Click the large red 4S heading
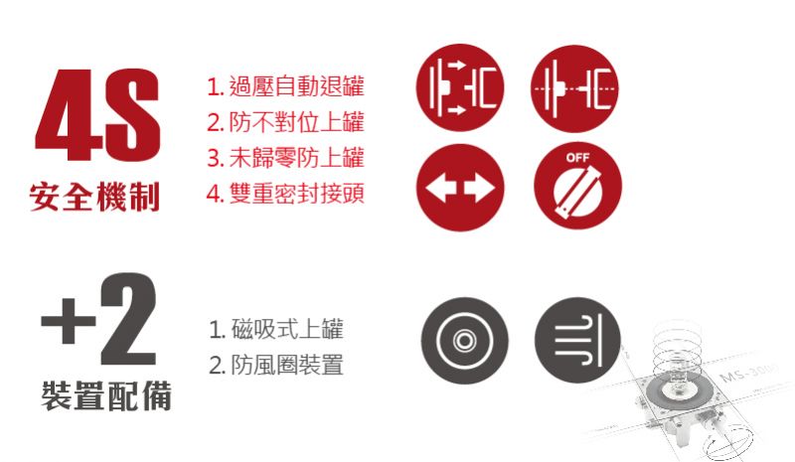click(x=97, y=114)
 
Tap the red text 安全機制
click(x=94, y=197)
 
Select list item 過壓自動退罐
click(x=285, y=85)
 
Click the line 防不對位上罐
click(x=285, y=122)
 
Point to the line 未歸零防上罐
click(x=285, y=157)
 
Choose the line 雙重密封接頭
click(x=285, y=193)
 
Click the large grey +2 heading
click(x=98, y=319)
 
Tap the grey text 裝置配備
click(x=106, y=396)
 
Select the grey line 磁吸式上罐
click(x=276, y=329)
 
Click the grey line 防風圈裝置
click(x=276, y=365)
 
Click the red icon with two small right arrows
click(x=460, y=87)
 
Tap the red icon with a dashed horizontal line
click(x=575, y=88)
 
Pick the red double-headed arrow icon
click(x=460, y=187)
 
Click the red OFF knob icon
click(x=577, y=186)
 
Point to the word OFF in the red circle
click(x=577, y=158)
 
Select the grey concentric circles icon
click(x=464, y=340)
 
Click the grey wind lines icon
click(x=577, y=340)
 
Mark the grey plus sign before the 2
click(x=68, y=320)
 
